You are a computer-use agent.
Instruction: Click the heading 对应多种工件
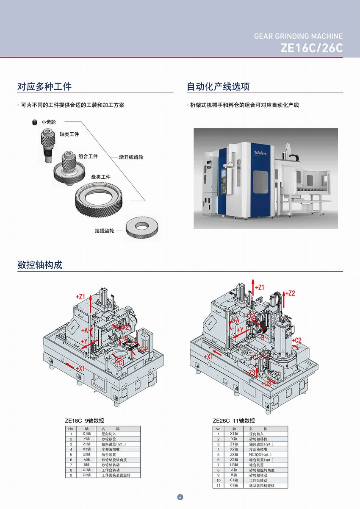pyautogui.click(x=44, y=86)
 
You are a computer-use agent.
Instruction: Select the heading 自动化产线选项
pyautogui.click(x=218, y=86)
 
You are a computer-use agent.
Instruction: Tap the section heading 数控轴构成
pyautogui.click(x=40, y=265)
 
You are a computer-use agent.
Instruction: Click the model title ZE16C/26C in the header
pyautogui.click(x=311, y=48)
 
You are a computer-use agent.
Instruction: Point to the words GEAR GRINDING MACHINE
pyautogui.click(x=298, y=36)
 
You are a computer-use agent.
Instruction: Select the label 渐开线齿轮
pyautogui.click(x=131, y=157)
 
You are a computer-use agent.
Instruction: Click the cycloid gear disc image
pyautogui.click(x=143, y=229)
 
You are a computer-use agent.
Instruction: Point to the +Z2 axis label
pyautogui.click(x=290, y=293)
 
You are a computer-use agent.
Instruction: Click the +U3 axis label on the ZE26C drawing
pyautogui.click(x=266, y=384)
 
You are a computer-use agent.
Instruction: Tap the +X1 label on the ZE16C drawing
pyautogui.click(x=80, y=369)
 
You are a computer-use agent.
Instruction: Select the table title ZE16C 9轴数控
pyautogui.click(x=84, y=421)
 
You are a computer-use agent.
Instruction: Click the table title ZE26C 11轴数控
pyautogui.click(x=234, y=421)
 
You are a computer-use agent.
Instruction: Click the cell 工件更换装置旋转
pyautogui.click(x=116, y=475)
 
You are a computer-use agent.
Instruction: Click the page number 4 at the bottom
pyautogui.click(x=180, y=497)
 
